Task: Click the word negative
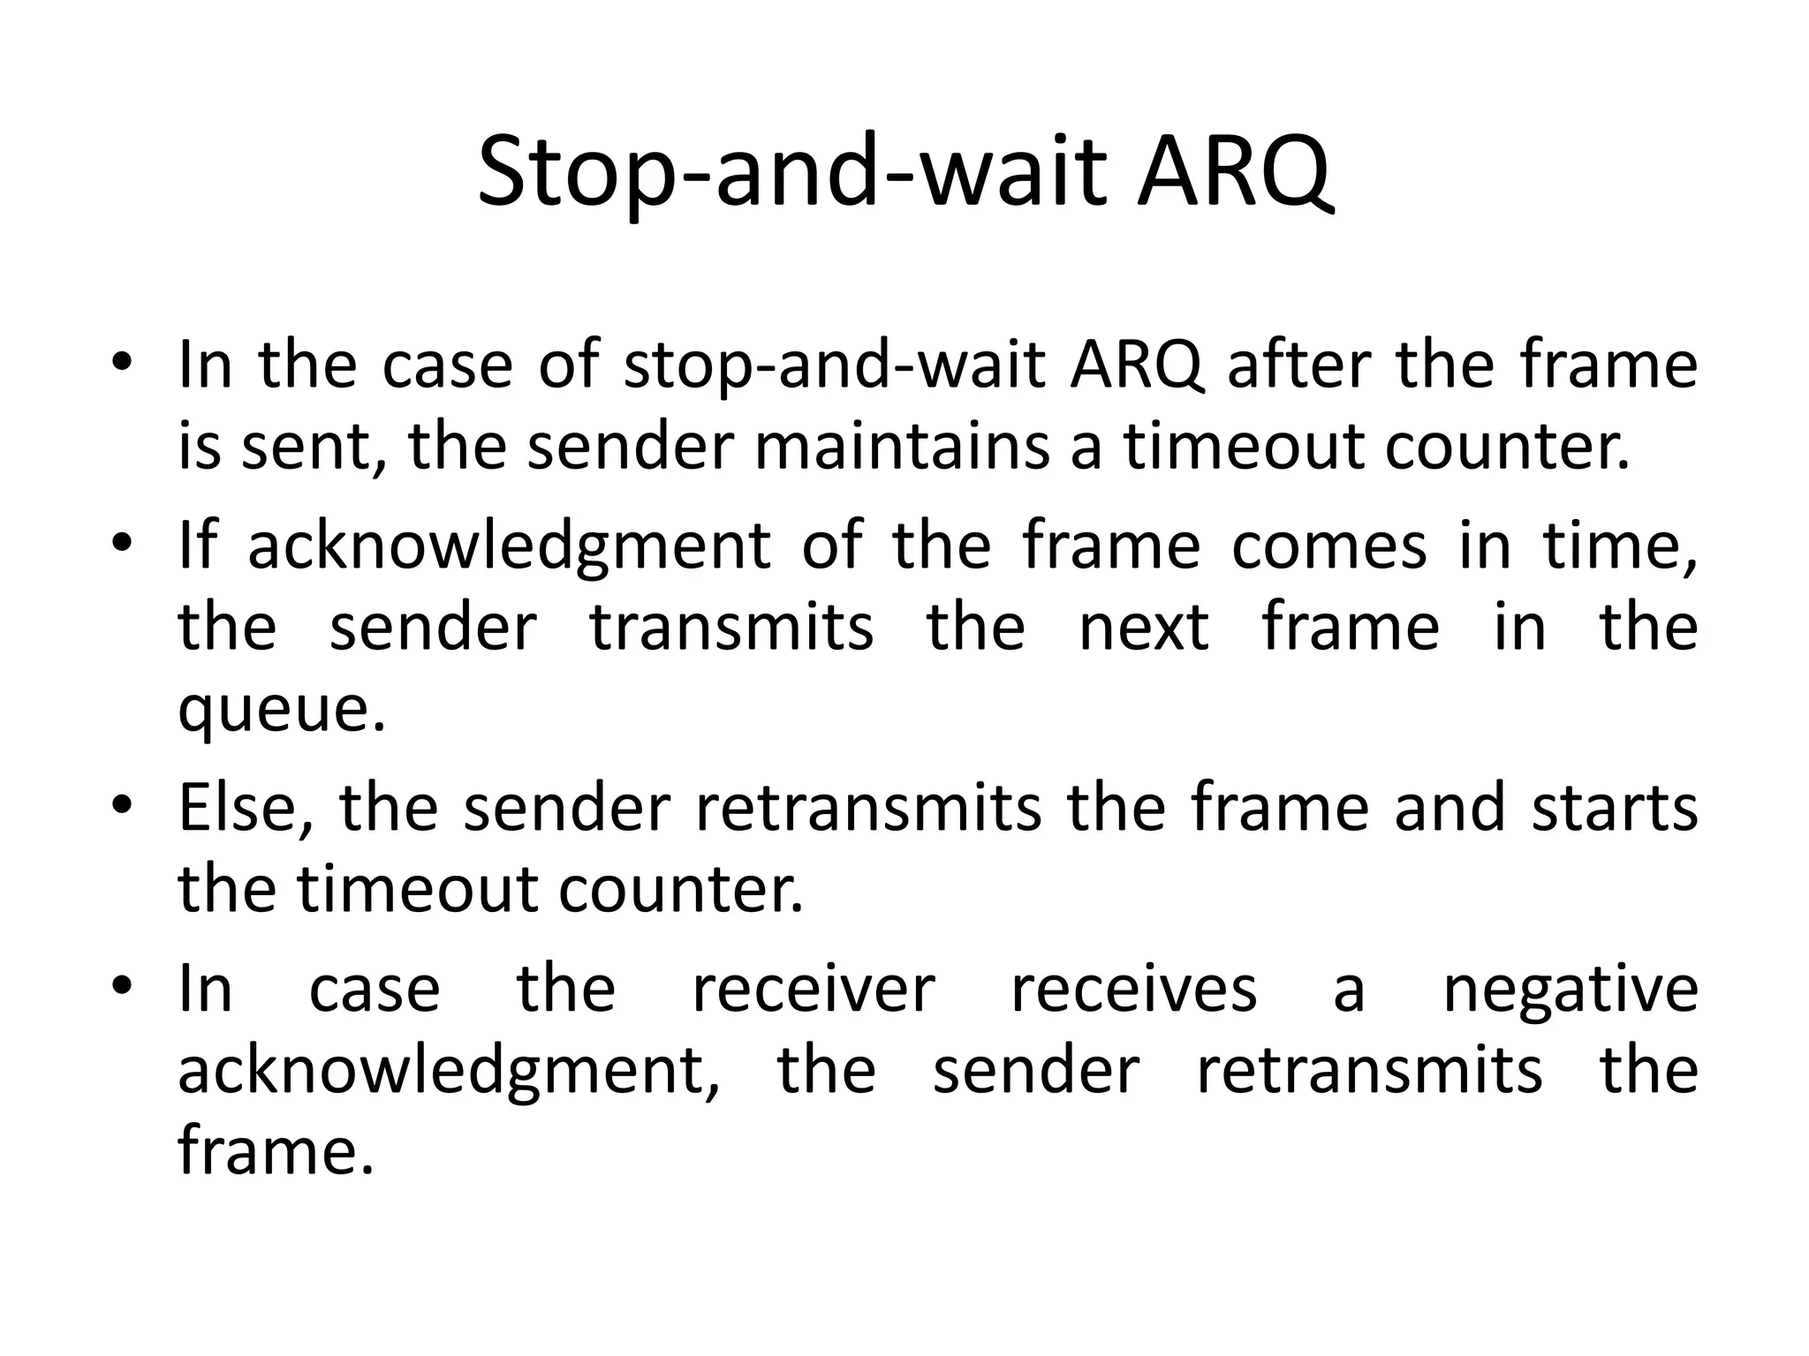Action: point(1570,988)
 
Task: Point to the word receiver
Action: point(813,988)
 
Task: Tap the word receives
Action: point(1133,988)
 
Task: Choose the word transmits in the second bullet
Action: point(731,627)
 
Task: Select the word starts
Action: point(1615,808)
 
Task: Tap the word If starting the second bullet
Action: point(197,543)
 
